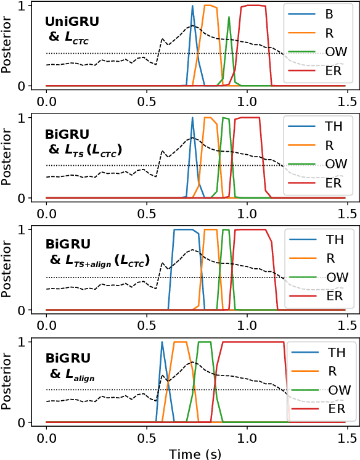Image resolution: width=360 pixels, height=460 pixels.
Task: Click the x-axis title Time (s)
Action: (x=195, y=453)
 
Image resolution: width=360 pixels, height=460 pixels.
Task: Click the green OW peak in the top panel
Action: (x=229, y=17)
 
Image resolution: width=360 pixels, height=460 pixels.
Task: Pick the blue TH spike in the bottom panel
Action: (x=162, y=342)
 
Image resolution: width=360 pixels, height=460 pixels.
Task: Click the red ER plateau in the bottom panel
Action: (x=253, y=342)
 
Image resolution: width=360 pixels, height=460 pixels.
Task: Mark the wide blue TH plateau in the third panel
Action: (x=185, y=230)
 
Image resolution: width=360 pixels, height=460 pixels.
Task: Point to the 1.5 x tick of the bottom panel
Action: (x=347, y=437)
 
